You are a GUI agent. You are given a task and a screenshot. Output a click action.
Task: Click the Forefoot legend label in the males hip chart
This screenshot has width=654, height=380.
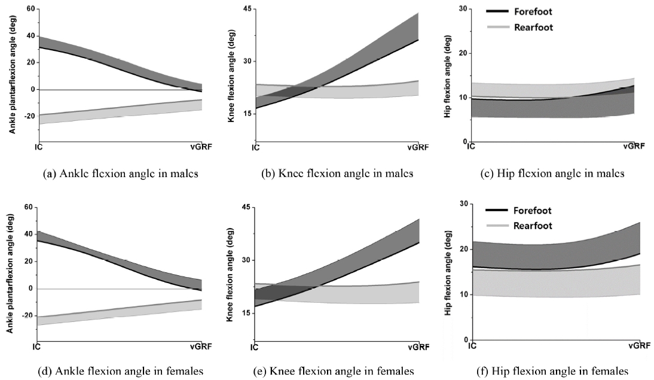click(x=533, y=11)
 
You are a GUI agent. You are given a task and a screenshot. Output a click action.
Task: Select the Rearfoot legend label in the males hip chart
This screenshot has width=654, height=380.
click(x=533, y=27)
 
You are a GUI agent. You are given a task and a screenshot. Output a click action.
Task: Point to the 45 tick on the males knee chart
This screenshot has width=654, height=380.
click(x=246, y=8)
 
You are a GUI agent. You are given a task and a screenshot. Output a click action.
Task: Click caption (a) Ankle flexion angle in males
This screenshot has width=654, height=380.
click(x=120, y=174)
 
